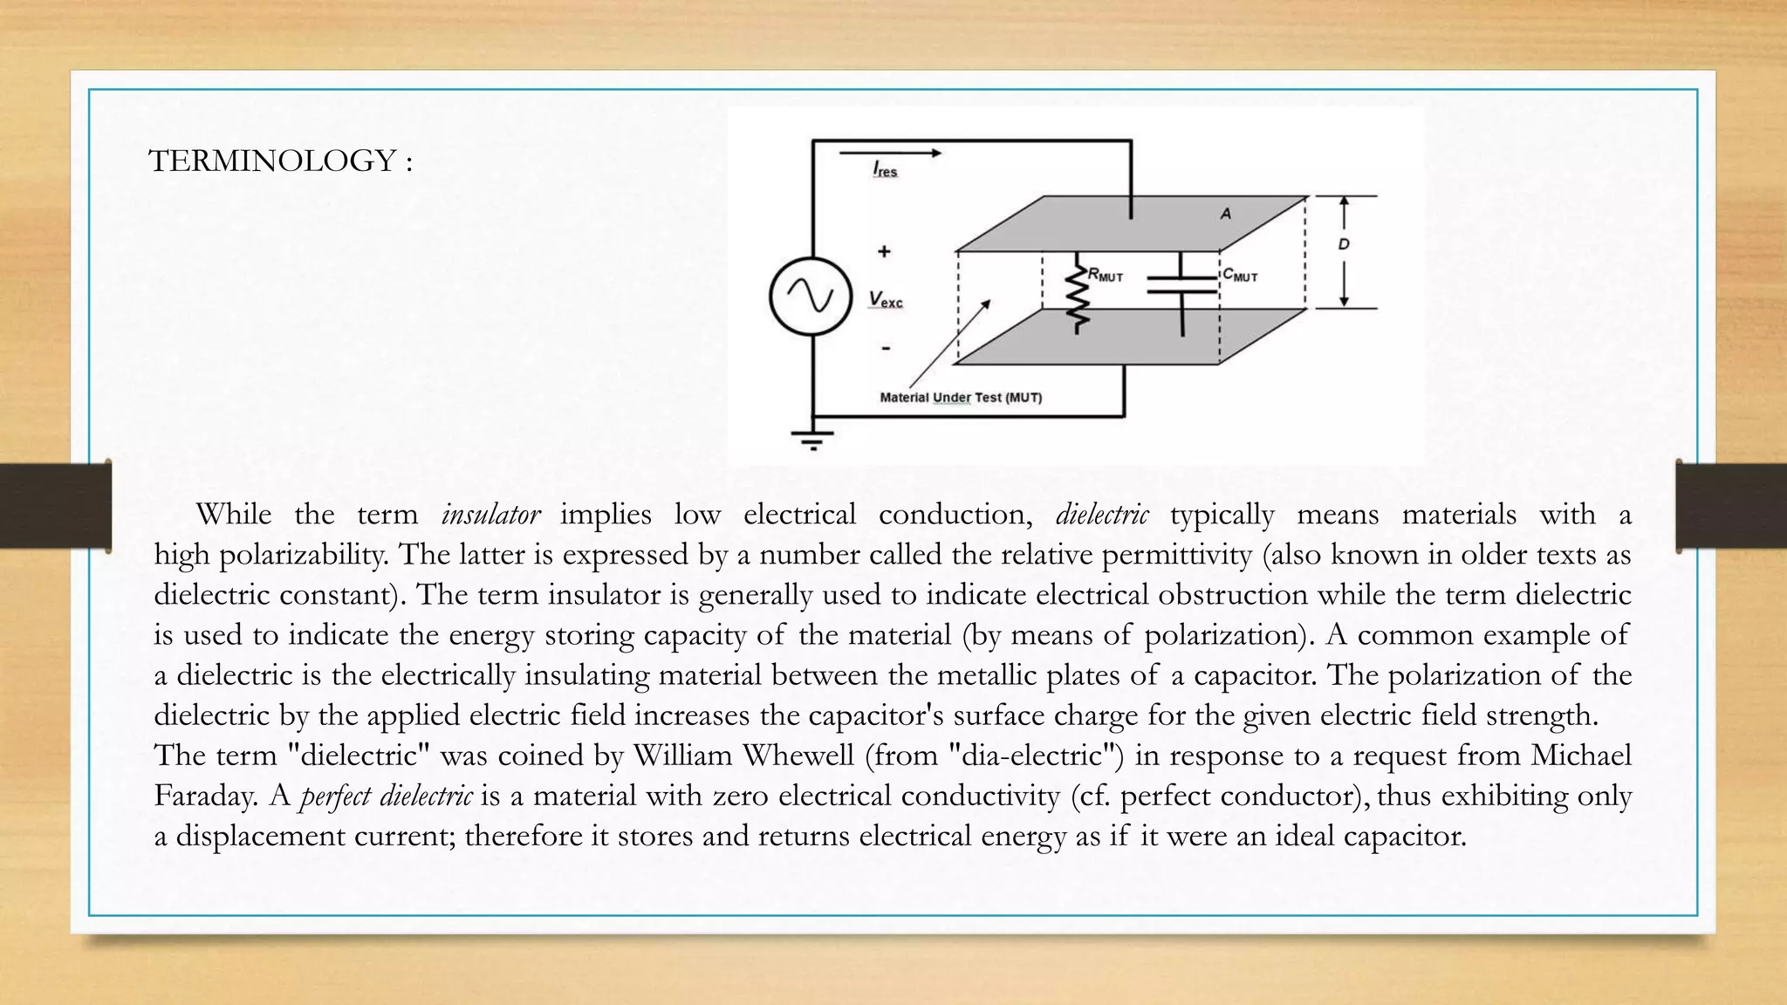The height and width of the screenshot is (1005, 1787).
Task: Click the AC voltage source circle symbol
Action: (810, 297)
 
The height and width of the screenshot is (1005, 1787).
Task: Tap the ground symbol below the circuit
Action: (812, 439)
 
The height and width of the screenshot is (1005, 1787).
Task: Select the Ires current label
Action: (885, 169)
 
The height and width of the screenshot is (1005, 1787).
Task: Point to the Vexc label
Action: (886, 299)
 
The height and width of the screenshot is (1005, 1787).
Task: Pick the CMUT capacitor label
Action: (1240, 275)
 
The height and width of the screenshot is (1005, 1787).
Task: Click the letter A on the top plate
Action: (1226, 214)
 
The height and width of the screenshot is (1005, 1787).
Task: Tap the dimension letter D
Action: (1344, 244)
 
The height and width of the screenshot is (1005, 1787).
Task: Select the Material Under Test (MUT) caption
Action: (961, 398)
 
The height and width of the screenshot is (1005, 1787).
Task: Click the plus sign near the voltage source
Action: (884, 251)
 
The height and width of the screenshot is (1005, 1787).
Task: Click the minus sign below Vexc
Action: (886, 348)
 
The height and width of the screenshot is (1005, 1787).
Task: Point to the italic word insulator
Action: (490, 515)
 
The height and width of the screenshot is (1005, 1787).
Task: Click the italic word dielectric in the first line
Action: (1102, 515)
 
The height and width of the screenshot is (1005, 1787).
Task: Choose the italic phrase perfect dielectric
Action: (386, 796)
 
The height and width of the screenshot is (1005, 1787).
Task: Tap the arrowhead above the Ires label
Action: (935, 153)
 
